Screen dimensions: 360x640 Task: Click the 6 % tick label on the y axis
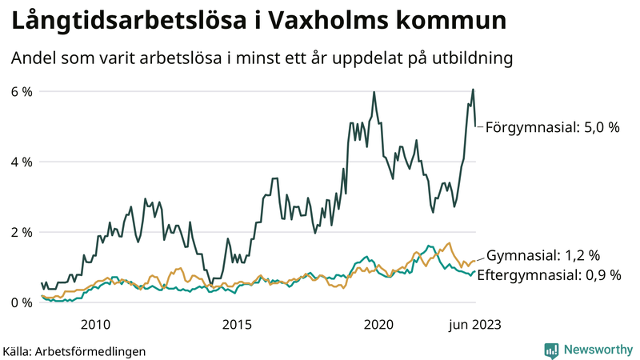coord(21,91)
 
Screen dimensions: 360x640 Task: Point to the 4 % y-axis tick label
coord(21,162)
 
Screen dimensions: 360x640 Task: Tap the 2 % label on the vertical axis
coord(21,232)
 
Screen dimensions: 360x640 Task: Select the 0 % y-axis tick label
coord(21,302)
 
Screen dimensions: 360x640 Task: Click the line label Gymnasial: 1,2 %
coord(543,256)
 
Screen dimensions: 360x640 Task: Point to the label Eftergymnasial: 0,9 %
coord(554,275)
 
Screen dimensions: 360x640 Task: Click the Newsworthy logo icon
coord(551,350)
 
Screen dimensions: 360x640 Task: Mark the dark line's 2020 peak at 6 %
coord(374,92)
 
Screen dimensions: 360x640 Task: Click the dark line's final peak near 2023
coord(473,89)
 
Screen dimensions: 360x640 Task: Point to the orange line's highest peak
coord(449,243)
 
